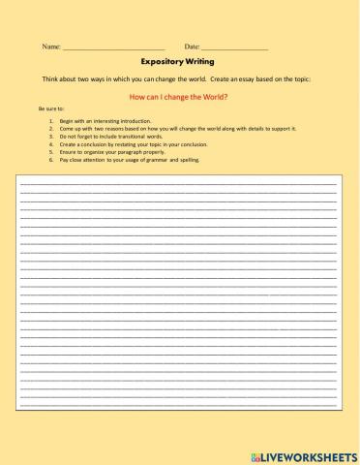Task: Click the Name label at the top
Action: tap(50, 46)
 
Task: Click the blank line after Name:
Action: tap(113, 47)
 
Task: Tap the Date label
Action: tap(192, 46)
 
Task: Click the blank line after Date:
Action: tap(234, 47)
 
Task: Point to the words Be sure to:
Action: tap(50, 109)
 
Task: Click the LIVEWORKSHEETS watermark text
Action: tap(310, 454)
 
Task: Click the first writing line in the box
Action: tap(179, 182)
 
